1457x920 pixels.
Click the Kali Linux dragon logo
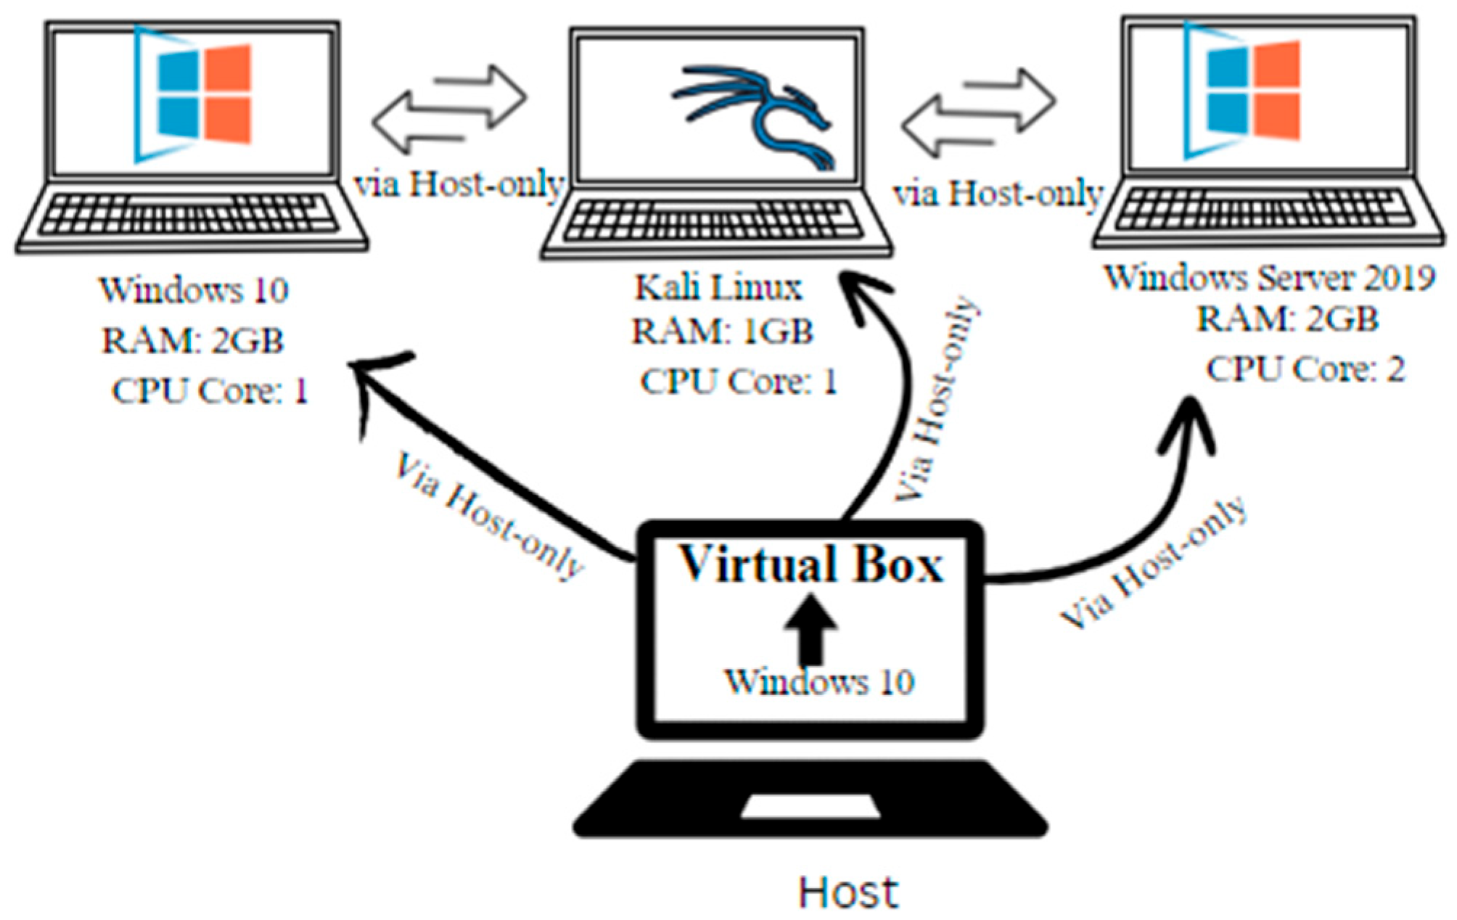point(755,116)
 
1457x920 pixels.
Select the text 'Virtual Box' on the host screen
point(810,564)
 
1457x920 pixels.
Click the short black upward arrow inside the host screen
point(811,628)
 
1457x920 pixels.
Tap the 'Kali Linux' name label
point(718,287)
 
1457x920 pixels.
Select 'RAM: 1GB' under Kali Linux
point(722,332)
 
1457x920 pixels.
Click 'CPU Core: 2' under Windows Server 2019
point(1305,369)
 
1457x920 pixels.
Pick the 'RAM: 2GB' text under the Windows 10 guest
point(192,341)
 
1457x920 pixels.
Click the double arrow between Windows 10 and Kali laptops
point(448,109)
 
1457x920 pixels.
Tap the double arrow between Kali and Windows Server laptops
point(977,112)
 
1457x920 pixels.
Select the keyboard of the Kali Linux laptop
point(715,220)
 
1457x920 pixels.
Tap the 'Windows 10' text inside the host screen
point(818,682)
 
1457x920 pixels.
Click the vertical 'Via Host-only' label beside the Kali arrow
point(936,399)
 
